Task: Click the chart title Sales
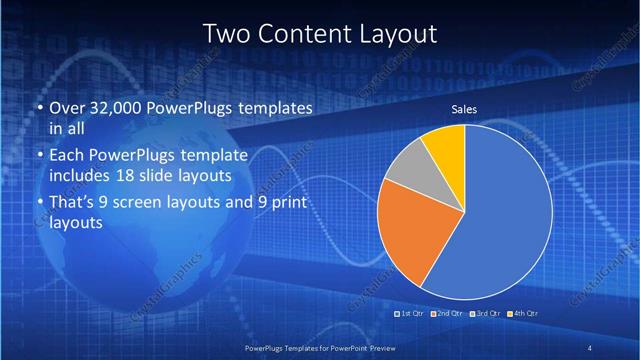[464, 109]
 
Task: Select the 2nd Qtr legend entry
[445, 313]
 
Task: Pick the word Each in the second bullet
[66, 155]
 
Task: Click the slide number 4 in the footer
[590, 347]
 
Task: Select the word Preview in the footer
[373, 347]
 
